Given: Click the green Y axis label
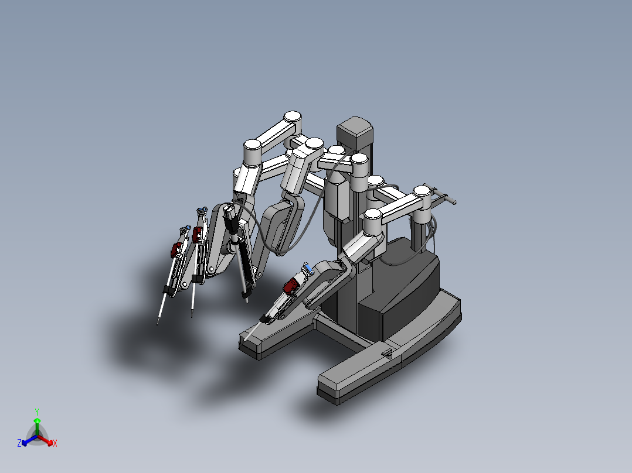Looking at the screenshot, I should (36, 412).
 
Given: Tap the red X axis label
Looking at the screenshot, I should (55, 444).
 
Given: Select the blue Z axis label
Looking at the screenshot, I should (19, 444).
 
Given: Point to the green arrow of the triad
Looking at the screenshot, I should (36, 424).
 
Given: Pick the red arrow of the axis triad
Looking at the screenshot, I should (48, 441).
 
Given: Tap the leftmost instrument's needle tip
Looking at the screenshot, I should (158, 323).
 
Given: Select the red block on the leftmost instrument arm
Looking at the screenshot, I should (175, 251).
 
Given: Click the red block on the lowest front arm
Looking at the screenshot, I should (290, 287).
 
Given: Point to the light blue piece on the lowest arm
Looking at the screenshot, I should (307, 267).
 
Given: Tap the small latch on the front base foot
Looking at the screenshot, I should (386, 353).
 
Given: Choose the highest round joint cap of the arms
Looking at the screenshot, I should (291, 117).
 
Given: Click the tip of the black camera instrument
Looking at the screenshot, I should (247, 300).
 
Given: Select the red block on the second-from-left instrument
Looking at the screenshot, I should (197, 235).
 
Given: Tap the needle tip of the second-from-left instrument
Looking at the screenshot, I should (192, 317).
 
